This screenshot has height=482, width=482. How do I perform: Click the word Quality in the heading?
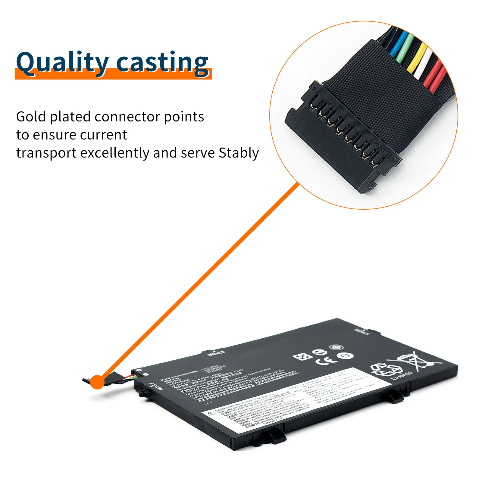(x=62, y=63)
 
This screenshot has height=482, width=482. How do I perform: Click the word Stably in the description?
(x=239, y=153)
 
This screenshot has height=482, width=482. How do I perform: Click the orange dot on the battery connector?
(x=97, y=382)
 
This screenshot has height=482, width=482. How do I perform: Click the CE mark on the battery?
(x=327, y=360)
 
